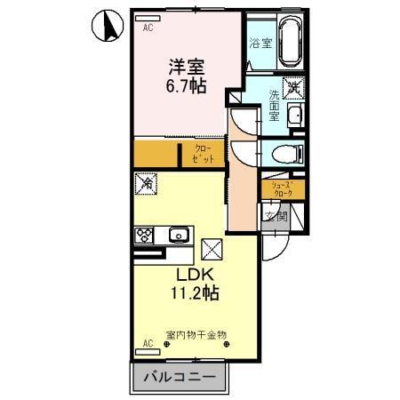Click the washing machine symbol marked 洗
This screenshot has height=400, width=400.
point(292,88)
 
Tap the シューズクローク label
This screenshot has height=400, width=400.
point(284,189)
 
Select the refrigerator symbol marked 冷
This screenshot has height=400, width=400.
point(146,183)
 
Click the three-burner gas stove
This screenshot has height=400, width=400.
point(145,236)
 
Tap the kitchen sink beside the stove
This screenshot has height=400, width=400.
point(178,236)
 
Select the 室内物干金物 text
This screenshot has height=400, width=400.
point(196,336)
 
